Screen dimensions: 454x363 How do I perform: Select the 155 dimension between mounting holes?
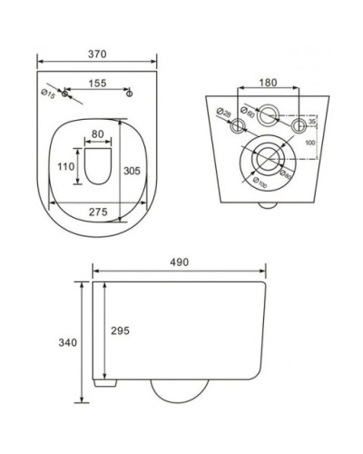coord(97,84)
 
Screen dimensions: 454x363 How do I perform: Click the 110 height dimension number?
coord(64,167)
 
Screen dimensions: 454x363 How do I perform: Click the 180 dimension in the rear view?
coord(269,83)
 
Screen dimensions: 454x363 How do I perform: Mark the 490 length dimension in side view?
coord(178,262)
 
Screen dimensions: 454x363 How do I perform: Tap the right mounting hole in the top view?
coord(129,94)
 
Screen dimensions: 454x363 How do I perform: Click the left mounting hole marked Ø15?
coord(65,94)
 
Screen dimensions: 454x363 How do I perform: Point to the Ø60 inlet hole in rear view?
coord(269,115)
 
